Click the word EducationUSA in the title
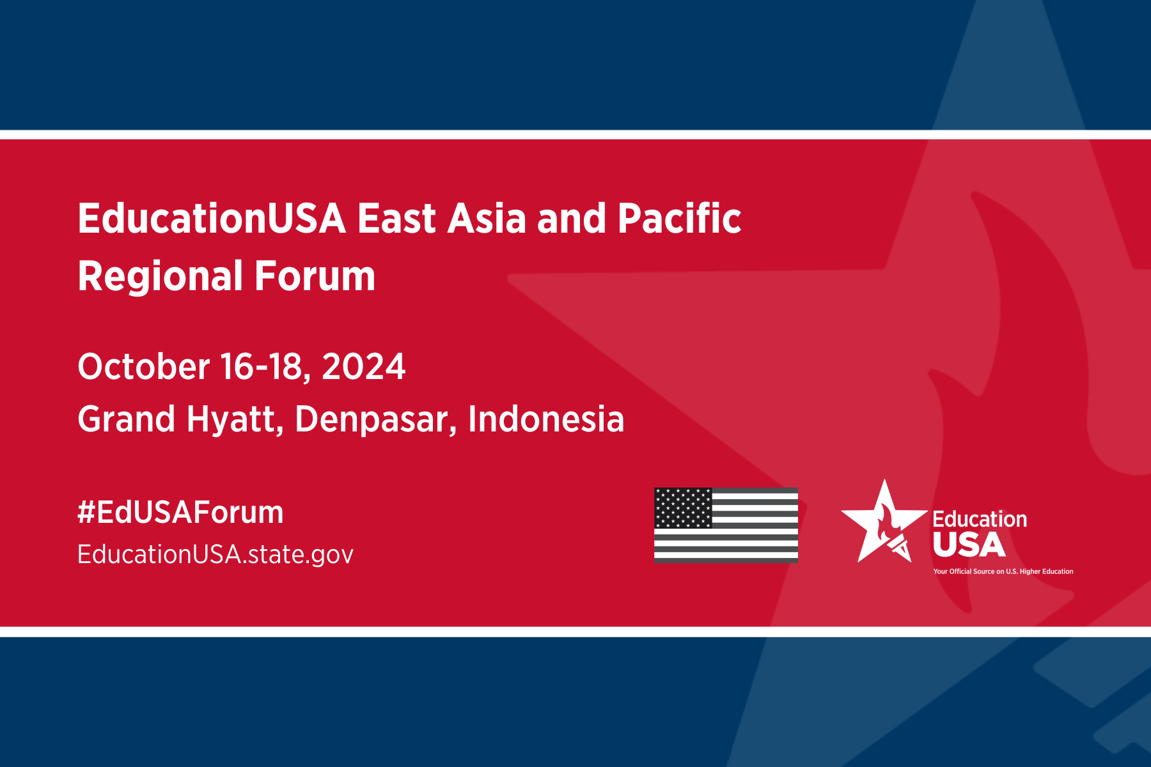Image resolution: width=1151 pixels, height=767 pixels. coord(212,219)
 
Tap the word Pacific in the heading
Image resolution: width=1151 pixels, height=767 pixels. coord(679,218)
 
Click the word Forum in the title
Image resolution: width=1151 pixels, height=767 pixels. coord(315,276)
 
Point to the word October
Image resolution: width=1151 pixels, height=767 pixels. coord(144,367)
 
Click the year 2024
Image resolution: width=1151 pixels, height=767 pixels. coord(363,367)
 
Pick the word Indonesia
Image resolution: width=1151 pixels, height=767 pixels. coord(546,419)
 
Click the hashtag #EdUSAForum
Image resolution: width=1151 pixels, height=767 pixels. coord(180,513)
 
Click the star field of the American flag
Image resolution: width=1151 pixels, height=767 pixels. coord(683,508)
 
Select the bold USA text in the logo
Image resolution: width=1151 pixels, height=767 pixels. coord(969,545)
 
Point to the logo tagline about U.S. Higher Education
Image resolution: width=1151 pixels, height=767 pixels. coord(1003,571)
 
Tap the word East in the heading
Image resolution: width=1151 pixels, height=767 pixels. coord(396,219)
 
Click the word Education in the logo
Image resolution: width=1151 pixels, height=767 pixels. coord(980,519)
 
